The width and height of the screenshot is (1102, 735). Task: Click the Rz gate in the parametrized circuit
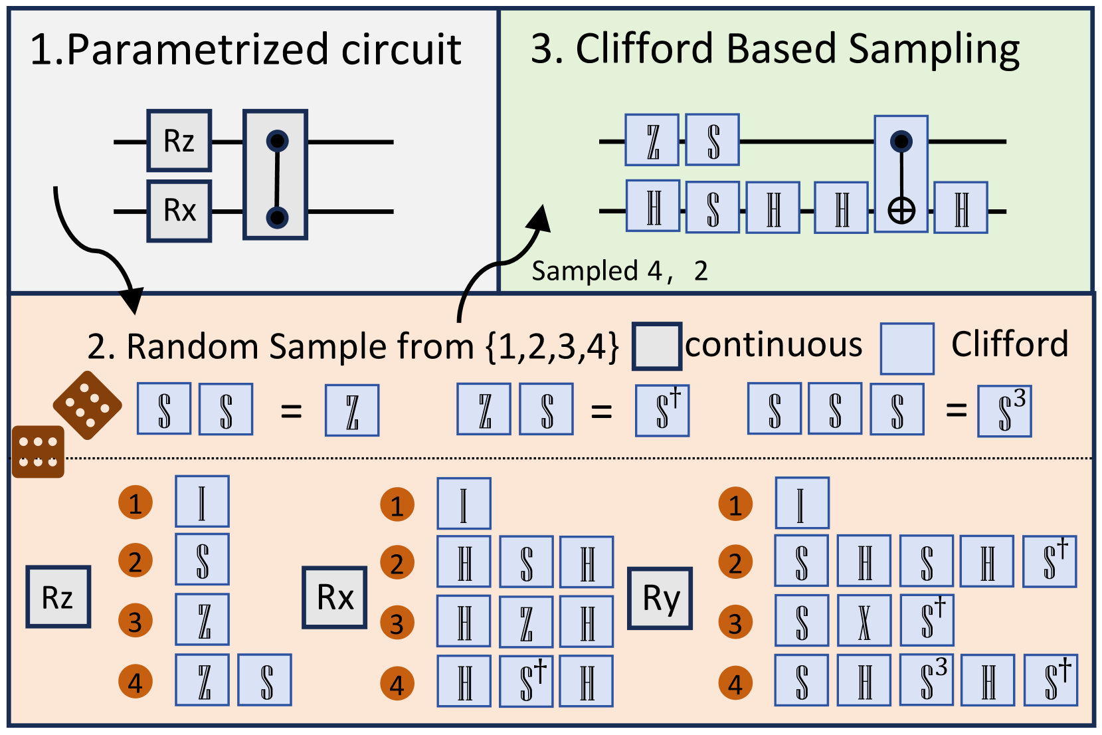click(179, 141)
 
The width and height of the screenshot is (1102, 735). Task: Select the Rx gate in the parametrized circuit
click(179, 211)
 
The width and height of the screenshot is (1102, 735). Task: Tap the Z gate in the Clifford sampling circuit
click(652, 140)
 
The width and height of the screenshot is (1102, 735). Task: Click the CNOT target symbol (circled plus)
click(901, 211)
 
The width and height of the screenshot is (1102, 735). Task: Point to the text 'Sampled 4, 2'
click(620, 270)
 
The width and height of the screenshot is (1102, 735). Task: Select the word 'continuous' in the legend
click(773, 345)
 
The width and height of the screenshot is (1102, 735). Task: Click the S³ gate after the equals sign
click(1004, 411)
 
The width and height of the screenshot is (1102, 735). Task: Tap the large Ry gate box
click(660, 598)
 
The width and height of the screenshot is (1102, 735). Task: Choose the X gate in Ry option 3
click(864, 620)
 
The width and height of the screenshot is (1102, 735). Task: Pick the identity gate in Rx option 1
click(464, 503)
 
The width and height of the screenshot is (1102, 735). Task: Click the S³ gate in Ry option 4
click(927, 680)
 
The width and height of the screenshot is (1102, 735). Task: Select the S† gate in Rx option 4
click(526, 681)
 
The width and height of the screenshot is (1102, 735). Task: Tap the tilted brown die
click(88, 405)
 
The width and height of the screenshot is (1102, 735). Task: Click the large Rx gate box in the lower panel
click(335, 597)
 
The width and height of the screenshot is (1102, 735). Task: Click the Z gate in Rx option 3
click(526, 622)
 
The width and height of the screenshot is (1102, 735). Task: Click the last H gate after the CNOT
click(961, 207)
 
